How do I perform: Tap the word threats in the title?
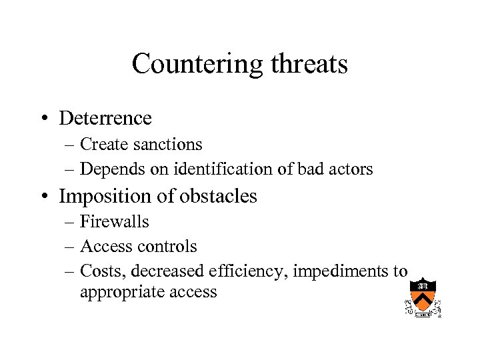pos(309,65)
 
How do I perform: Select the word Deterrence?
pos(105,119)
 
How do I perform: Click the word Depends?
pos(108,169)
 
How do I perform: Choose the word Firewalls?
pos(115,222)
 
